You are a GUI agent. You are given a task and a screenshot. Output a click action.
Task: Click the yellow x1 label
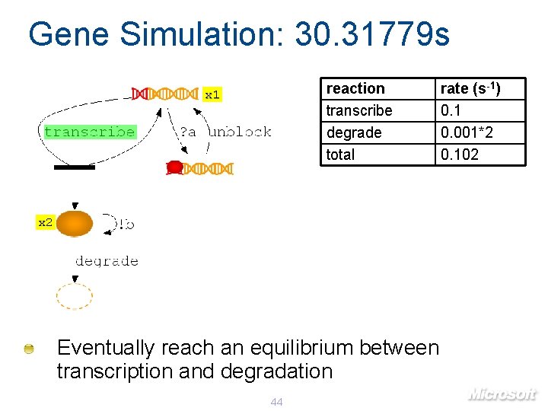point(212,94)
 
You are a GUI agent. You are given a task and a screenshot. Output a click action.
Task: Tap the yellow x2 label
point(46,222)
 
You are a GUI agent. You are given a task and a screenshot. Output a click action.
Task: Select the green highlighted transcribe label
point(90,132)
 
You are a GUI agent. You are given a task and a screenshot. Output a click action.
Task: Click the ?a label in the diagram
point(187,132)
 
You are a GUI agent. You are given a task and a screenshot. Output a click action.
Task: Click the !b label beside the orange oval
point(126,224)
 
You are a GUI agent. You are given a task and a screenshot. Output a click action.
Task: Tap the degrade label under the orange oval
point(107,261)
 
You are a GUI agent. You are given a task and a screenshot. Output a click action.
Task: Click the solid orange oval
point(75,224)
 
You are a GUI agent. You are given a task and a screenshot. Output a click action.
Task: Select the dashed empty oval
point(75,296)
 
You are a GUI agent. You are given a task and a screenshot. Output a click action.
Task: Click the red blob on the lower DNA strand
point(174,167)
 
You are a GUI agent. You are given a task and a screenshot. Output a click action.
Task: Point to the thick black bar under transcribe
point(75,167)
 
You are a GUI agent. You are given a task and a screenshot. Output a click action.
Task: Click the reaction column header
point(355,88)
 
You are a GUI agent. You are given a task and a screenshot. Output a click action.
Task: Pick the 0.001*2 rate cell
point(467,132)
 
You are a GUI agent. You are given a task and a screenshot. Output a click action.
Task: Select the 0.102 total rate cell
point(460,155)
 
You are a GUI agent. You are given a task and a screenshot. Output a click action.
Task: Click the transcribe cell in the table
point(359,110)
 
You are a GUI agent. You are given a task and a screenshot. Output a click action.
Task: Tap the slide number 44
point(276,401)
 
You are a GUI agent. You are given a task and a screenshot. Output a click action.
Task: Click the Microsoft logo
point(502,393)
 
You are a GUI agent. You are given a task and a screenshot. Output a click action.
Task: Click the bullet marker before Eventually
point(29,349)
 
